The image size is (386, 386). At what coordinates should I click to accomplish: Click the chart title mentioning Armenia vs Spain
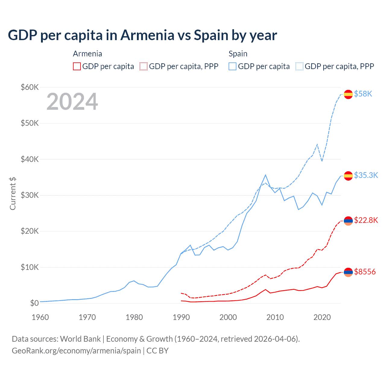click(x=142, y=35)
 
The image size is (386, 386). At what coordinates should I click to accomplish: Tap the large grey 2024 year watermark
click(x=72, y=102)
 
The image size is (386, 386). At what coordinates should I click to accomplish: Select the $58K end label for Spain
click(x=363, y=94)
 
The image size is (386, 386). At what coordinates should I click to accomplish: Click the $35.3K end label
click(x=366, y=175)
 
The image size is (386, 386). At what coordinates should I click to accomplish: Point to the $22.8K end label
click(x=366, y=220)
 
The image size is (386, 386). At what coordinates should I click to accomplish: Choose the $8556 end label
click(x=365, y=272)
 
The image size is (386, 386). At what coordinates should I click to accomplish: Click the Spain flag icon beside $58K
click(x=348, y=94)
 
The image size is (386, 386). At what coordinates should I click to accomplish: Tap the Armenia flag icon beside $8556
click(x=348, y=272)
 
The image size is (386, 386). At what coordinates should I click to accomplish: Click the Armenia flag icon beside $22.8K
click(x=348, y=221)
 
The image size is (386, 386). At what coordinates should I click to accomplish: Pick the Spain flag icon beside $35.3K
click(x=348, y=176)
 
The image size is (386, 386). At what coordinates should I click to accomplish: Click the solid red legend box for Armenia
click(x=77, y=66)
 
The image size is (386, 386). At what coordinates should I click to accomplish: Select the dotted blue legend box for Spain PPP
click(x=299, y=66)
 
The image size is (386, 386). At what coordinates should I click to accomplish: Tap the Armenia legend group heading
click(x=87, y=54)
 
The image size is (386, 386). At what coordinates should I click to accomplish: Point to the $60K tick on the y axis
click(x=30, y=87)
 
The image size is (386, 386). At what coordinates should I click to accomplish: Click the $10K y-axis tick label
click(x=30, y=267)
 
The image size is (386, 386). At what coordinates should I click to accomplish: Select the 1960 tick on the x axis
click(x=40, y=317)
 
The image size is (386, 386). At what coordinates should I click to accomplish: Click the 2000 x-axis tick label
click(x=228, y=317)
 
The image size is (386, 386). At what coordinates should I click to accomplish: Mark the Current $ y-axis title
click(x=13, y=193)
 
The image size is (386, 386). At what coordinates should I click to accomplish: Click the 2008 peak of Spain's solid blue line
click(x=265, y=175)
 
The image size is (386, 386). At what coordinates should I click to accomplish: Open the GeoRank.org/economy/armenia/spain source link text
click(x=76, y=351)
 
